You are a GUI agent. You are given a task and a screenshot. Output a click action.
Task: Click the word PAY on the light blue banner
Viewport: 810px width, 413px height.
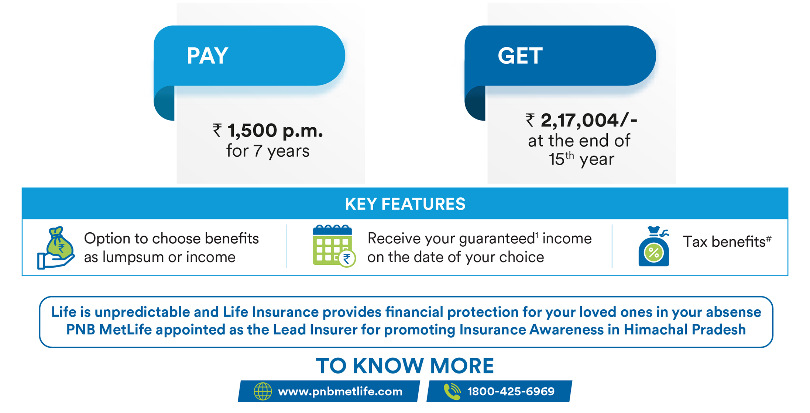click(x=207, y=56)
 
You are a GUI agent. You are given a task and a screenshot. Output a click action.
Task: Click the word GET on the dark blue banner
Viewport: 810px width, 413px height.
click(x=520, y=56)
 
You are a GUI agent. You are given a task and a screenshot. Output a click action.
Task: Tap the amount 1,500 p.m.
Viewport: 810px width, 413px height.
click(x=275, y=131)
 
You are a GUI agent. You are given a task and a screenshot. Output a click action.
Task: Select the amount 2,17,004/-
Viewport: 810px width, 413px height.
click(x=589, y=120)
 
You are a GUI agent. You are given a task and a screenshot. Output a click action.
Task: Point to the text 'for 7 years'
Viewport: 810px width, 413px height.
click(x=268, y=151)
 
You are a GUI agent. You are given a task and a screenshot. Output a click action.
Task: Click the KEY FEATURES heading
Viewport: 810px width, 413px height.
click(x=405, y=204)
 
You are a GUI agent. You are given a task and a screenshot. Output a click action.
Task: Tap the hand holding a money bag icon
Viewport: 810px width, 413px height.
click(x=56, y=248)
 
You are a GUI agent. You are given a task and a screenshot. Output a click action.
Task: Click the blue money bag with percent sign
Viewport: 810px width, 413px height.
click(x=654, y=246)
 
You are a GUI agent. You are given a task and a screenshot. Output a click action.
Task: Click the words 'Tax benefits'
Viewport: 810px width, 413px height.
click(x=724, y=242)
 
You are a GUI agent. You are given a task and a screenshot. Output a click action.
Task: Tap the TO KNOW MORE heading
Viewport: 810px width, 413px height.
click(x=405, y=366)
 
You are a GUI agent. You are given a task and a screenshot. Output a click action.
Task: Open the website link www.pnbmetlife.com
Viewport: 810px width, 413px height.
click(x=340, y=392)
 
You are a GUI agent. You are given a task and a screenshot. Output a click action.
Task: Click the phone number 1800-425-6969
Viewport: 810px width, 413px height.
click(x=511, y=391)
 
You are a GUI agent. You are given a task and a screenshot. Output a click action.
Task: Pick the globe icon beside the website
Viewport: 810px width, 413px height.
click(x=263, y=391)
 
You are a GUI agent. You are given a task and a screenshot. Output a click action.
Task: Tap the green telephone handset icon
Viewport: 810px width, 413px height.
click(x=452, y=391)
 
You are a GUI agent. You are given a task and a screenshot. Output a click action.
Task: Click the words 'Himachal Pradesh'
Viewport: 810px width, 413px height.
click(x=684, y=329)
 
